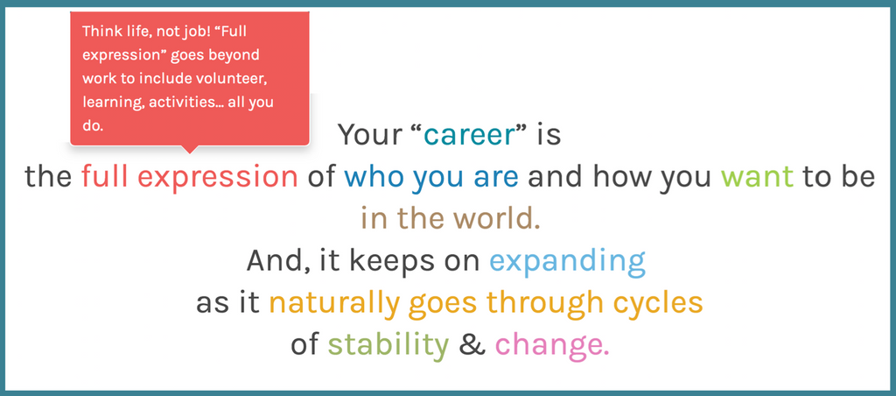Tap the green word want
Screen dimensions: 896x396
[x=757, y=177]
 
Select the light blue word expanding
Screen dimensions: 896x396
[x=567, y=262]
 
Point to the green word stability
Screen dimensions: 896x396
[x=388, y=346]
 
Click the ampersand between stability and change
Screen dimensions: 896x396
[x=472, y=345]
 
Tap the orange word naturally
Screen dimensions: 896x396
[x=333, y=304]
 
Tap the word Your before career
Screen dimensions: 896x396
[x=369, y=135]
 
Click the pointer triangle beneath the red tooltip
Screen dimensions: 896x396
[x=190, y=149]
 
